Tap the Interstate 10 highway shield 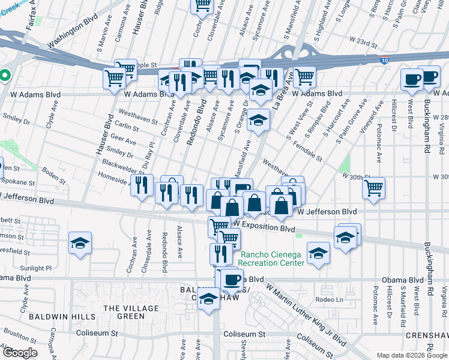pyautogui.click(x=384, y=61)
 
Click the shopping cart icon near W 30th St pyautogui.click(x=374, y=188)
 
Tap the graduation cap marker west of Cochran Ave pyautogui.click(x=80, y=243)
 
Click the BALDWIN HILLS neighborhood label pyautogui.click(x=48, y=316)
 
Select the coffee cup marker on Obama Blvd pyautogui.click(x=232, y=279)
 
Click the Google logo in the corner pyautogui.click(x=19, y=353)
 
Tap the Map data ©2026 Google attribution pyautogui.click(x=412, y=355)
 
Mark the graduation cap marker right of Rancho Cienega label pyautogui.click(x=318, y=253)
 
